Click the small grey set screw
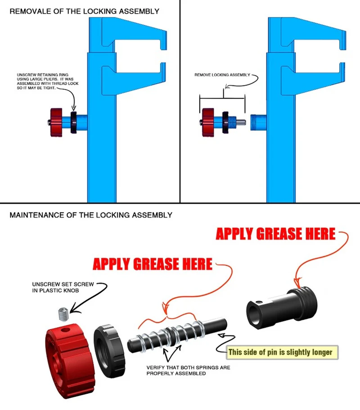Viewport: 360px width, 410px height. tap(63, 314)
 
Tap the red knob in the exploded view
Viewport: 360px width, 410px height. tap(70, 361)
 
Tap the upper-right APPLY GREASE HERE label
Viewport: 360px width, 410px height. tap(275, 234)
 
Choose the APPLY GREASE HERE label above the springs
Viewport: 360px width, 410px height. tap(153, 264)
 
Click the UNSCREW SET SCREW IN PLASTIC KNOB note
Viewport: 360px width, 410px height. tap(63, 287)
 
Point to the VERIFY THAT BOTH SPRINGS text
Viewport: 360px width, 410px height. tap(188, 370)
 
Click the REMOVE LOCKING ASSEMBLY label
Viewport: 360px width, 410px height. tap(222, 75)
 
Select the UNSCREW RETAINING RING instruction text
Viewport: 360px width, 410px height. tap(48, 81)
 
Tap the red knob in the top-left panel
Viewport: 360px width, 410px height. tap(56, 122)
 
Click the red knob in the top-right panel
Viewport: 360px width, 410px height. tap(208, 122)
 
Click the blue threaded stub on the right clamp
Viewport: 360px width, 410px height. tap(258, 122)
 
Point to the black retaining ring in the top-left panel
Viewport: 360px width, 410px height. tap(73, 122)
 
